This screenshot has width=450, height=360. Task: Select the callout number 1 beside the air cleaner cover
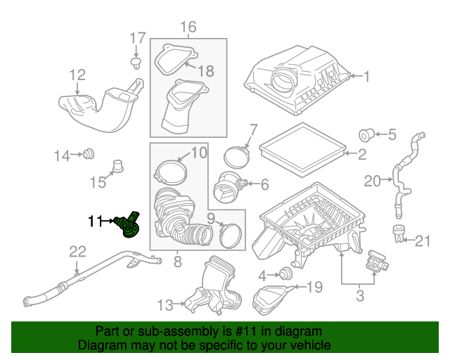(366, 76)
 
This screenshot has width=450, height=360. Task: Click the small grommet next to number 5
(366, 134)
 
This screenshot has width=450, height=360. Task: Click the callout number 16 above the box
(188, 27)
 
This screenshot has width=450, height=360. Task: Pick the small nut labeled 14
(89, 154)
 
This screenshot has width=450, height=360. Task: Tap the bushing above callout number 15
(117, 167)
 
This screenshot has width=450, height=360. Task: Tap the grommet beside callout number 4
(286, 274)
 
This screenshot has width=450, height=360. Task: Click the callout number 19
(314, 287)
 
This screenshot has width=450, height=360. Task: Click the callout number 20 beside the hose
(373, 182)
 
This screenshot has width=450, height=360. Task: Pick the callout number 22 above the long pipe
(77, 252)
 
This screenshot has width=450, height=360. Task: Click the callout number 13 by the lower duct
(165, 304)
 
